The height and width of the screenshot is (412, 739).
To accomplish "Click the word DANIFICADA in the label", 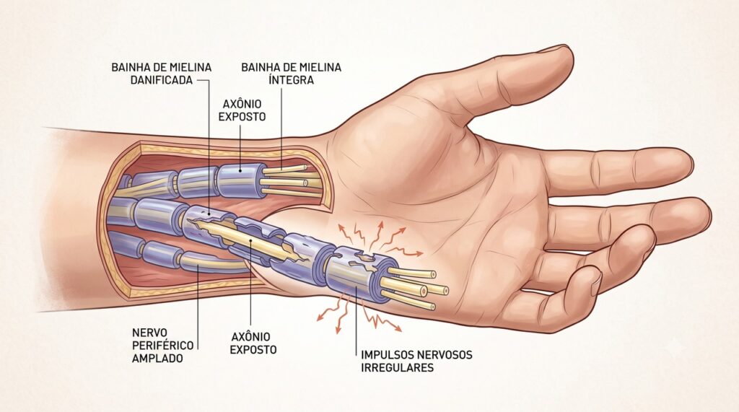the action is point(162,80).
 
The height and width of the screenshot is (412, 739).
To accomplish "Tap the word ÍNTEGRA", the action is point(292,79).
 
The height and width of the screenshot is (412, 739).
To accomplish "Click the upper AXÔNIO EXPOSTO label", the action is point(242,110).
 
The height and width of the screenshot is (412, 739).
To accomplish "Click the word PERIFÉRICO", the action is point(162,346).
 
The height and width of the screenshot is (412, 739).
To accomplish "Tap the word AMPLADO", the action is point(157,359).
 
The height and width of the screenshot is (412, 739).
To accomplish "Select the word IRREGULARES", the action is point(398,367).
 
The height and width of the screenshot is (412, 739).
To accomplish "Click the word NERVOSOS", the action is point(444,354).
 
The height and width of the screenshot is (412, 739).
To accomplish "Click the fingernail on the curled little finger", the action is point(595,281).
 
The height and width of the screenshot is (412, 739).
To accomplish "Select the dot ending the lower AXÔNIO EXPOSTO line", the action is point(250,240).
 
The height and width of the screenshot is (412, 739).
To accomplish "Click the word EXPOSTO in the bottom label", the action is point(253,350).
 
